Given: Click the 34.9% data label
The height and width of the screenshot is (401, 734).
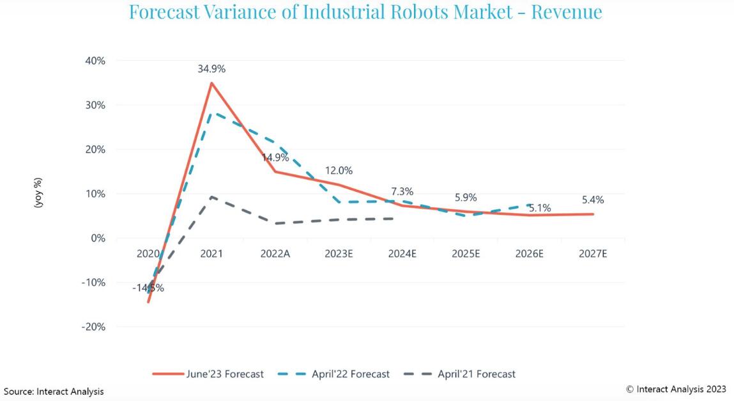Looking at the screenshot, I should click(211, 68).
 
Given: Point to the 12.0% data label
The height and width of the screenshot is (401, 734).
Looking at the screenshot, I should click(339, 171).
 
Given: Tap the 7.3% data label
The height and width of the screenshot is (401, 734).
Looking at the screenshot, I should click(402, 191).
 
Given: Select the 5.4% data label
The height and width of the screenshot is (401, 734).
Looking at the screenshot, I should click(592, 200).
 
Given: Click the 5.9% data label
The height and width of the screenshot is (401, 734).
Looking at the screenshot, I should click(465, 198).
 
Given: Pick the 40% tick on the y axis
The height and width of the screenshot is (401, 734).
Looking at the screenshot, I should click(95, 61).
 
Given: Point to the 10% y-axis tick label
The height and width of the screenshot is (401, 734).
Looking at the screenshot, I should click(95, 194).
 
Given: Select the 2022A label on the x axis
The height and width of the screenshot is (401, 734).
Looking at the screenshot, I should click(275, 253).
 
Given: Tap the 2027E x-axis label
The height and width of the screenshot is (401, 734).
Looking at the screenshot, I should click(593, 253).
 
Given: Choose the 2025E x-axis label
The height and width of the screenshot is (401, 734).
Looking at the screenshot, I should click(466, 253).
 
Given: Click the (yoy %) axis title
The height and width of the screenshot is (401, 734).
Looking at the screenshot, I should click(39, 193).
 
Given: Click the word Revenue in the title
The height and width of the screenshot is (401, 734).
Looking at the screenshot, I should click(566, 11).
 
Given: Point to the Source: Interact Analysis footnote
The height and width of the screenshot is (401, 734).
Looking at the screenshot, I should click(54, 391).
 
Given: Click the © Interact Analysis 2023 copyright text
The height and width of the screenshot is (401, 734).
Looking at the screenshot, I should click(676, 389).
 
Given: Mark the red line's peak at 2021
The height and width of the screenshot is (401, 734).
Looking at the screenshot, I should click(211, 83).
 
